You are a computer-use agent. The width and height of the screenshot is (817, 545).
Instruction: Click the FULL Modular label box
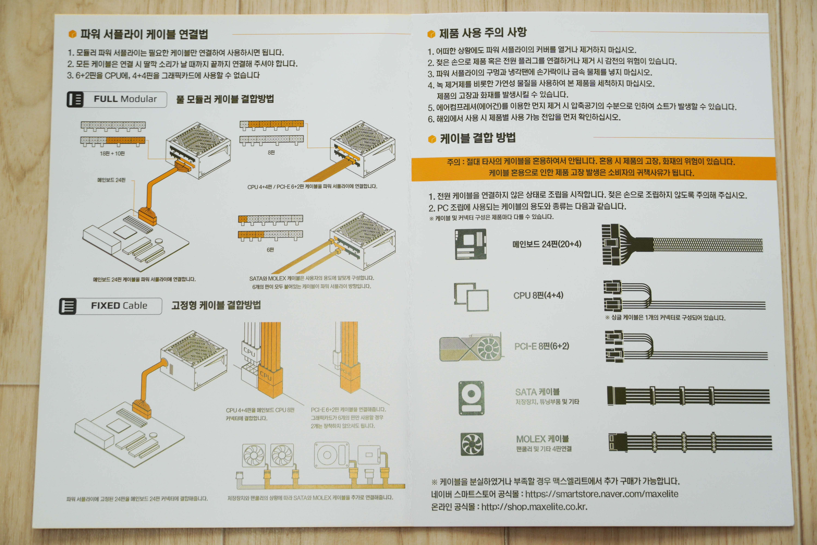coord(117,99)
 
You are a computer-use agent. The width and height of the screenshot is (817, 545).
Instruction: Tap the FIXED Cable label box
coord(110,306)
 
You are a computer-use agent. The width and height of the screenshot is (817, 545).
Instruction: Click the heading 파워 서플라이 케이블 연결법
coord(144,34)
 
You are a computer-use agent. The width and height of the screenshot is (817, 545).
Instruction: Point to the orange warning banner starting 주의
coord(593,167)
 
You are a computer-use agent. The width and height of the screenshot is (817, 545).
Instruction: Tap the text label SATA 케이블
coord(537,392)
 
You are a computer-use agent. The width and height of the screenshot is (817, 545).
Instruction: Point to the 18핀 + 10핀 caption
coord(112,153)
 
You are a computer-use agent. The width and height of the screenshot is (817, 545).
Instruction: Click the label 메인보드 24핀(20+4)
coord(547,244)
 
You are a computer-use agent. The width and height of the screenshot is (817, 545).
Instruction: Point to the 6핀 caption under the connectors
coord(270,250)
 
